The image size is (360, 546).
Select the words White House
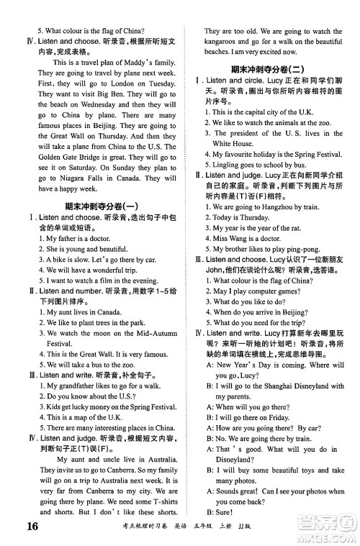[x=232, y=143]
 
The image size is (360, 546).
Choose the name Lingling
[x=225, y=165]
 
